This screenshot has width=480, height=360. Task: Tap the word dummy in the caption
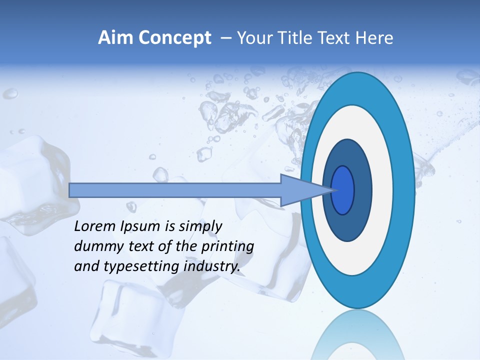coord(93,246)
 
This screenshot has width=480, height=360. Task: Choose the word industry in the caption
coord(211,266)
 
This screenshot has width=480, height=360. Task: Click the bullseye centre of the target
coord(343,190)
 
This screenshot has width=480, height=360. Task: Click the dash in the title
coord(225,38)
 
